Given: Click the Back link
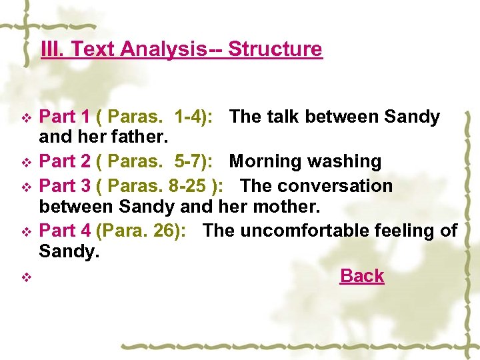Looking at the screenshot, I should [x=362, y=276].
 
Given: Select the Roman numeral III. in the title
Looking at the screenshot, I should [x=53, y=49].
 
